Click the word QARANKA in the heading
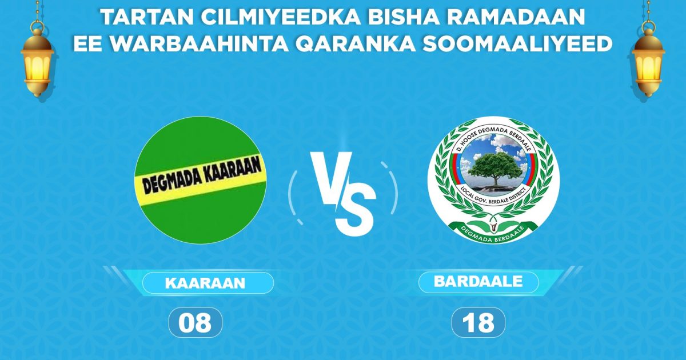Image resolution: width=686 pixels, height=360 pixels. click(366, 44)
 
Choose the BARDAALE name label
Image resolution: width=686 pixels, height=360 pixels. click(478, 282)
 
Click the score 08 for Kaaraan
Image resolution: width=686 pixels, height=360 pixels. click(194, 323)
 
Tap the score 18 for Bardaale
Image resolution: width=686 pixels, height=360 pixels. click(478, 323)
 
